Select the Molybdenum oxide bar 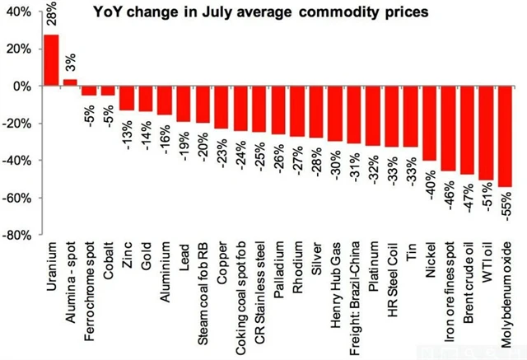coord(506,137)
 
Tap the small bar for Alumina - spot coord(70,82)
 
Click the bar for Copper coord(222,108)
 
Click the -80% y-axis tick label coord(18,236)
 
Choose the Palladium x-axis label coord(278,264)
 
